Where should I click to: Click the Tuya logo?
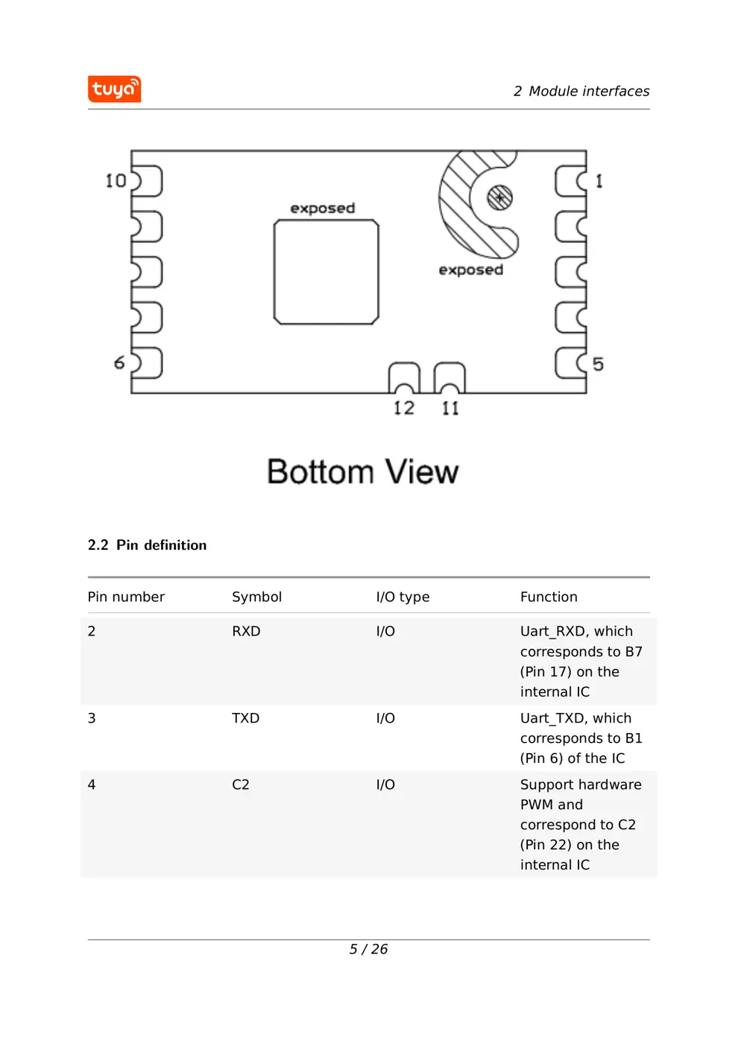[114, 89]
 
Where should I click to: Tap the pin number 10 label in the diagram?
[116, 180]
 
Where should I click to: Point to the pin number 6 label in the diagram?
[119, 363]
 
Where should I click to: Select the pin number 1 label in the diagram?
[599, 181]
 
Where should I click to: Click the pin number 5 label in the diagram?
[598, 364]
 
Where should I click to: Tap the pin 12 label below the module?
[404, 408]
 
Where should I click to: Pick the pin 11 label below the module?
[450, 408]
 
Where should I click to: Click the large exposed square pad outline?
[326, 272]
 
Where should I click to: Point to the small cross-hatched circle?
[499, 197]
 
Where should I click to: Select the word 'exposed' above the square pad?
[322, 209]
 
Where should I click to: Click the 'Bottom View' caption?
[362, 472]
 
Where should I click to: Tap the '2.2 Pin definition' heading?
[147, 545]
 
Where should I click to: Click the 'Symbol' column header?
[256, 597]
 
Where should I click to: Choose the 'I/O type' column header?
[403, 597]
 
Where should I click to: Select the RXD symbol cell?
[246, 631]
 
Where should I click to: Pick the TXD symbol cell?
[245, 718]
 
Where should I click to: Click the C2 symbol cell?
[240, 784]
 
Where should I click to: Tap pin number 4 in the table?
[92, 784]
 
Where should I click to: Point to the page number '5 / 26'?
[368, 949]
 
